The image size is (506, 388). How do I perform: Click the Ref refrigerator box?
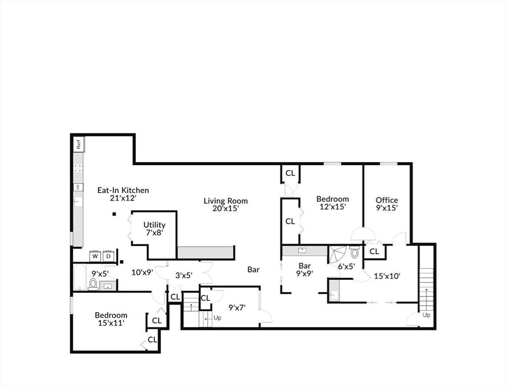click(x=78, y=144)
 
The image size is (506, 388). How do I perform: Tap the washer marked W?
click(x=95, y=256)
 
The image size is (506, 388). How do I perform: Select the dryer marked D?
click(x=108, y=256)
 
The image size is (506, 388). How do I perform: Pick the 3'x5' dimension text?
click(x=184, y=275)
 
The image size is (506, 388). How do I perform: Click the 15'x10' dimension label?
click(x=387, y=276)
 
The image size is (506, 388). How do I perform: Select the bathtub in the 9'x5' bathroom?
click(x=80, y=279)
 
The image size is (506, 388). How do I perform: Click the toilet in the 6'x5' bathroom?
click(x=354, y=253)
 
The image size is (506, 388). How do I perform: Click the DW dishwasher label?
click(x=77, y=187)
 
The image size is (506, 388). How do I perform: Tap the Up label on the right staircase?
click(x=427, y=315)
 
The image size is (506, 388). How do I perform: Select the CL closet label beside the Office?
click(x=374, y=251)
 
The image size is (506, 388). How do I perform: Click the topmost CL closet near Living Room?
click(x=290, y=173)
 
